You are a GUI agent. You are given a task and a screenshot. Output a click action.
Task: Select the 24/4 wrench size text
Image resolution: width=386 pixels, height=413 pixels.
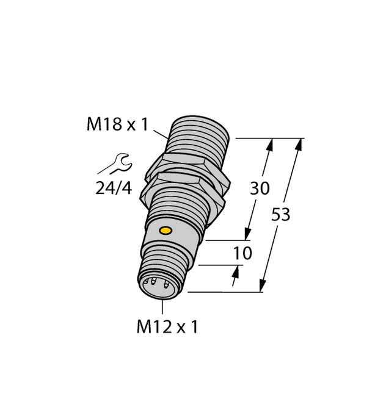(x=114, y=188)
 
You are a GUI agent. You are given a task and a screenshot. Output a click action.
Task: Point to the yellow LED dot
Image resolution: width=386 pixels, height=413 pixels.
(x=164, y=231)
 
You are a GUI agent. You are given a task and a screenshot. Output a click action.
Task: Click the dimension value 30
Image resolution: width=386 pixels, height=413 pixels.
(x=260, y=189)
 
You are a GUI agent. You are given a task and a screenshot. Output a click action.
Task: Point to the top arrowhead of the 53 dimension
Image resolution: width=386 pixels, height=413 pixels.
(x=299, y=144)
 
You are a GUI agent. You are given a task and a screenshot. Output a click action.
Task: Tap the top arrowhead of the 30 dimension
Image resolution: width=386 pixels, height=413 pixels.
(x=271, y=145)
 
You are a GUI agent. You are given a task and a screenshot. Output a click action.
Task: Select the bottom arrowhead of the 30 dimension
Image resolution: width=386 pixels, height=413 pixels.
(x=248, y=234)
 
